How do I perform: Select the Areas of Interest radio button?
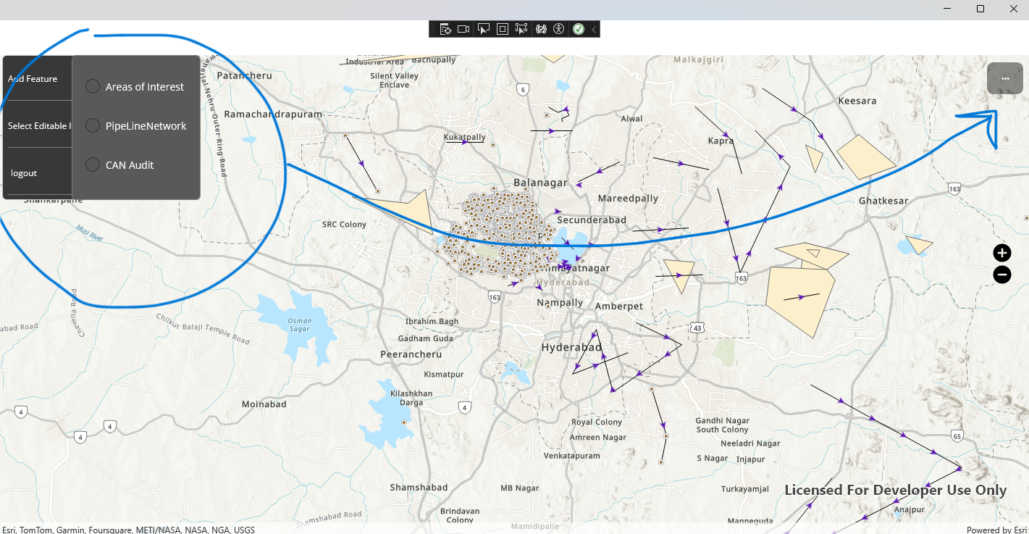(x=93, y=87)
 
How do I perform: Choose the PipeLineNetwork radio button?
(x=93, y=126)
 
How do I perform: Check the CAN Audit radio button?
(x=93, y=165)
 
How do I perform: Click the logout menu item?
(x=24, y=173)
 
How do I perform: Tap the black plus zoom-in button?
(x=1001, y=253)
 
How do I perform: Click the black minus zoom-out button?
(x=1001, y=275)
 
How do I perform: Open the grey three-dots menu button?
(x=1005, y=78)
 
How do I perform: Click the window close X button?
(x=1013, y=9)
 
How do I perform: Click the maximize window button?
(x=980, y=9)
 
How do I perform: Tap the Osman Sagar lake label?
(x=300, y=325)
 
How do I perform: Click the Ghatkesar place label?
(x=883, y=201)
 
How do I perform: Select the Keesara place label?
(x=857, y=101)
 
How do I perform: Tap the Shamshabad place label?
(x=419, y=488)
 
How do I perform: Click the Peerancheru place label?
(x=411, y=354)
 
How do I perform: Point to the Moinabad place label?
(x=264, y=404)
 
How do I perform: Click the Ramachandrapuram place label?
(x=273, y=114)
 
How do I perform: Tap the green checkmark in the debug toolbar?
(x=579, y=29)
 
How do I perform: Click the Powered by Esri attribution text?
(x=996, y=530)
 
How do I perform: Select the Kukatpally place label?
(x=465, y=136)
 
